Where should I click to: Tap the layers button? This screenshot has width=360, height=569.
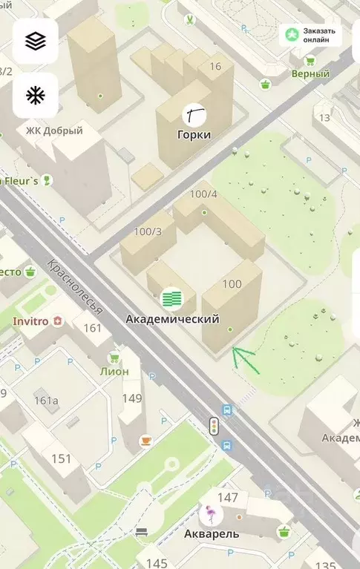(35, 41)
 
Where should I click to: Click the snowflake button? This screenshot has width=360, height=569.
(35, 96)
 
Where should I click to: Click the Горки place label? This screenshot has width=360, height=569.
(194, 135)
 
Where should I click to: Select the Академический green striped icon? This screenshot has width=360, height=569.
(172, 299)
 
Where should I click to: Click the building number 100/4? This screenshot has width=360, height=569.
(203, 194)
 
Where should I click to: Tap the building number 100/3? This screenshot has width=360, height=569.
(148, 231)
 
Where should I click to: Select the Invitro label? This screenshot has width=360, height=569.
(30, 321)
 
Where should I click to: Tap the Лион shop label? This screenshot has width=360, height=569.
(114, 371)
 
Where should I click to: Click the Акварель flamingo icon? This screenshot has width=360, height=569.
(212, 514)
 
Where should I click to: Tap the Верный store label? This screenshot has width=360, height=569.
(310, 73)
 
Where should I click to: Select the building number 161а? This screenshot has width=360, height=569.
(46, 401)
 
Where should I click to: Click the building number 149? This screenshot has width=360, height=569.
(131, 398)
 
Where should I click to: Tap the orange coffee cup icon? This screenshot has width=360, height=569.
(146, 440)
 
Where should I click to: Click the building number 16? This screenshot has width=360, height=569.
(215, 67)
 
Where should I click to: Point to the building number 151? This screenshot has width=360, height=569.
(61, 458)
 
